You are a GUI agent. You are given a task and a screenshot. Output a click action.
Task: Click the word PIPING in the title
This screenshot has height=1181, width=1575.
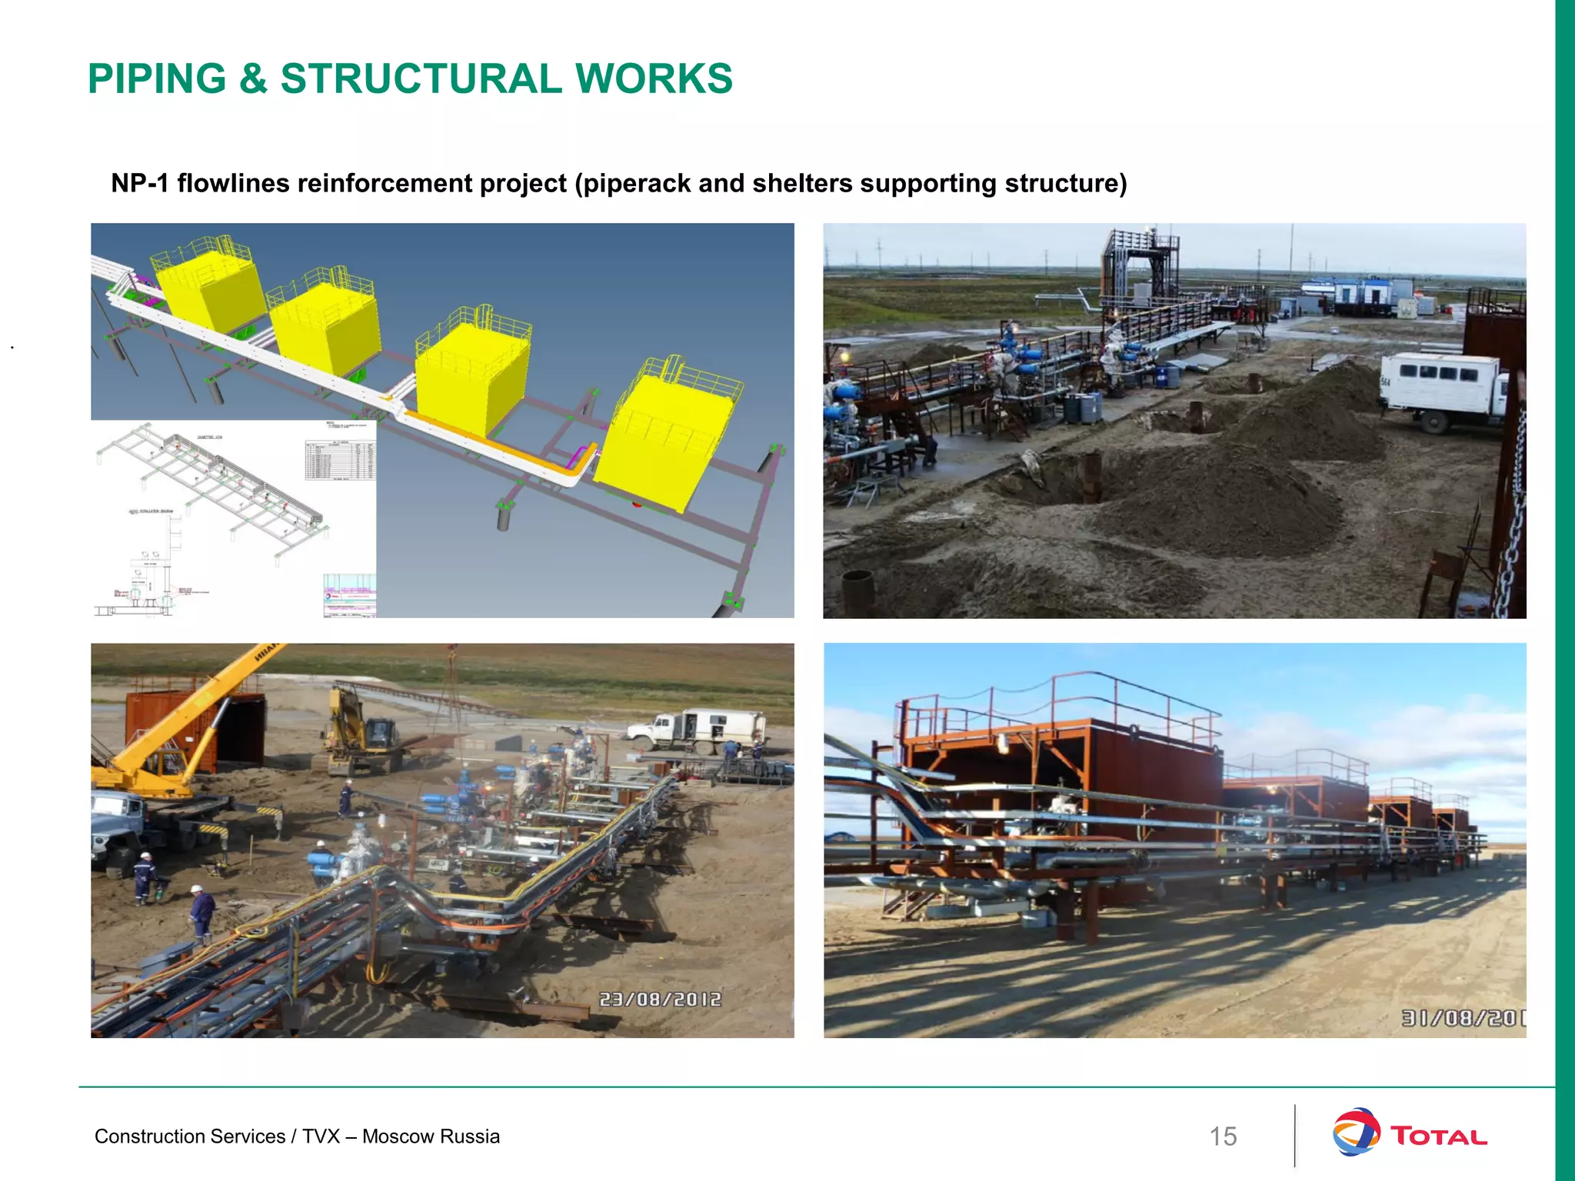click(157, 78)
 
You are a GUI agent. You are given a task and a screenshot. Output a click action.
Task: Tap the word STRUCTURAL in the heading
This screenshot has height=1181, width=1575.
click(421, 78)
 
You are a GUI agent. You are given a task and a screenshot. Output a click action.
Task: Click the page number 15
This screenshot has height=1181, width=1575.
click(1223, 1136)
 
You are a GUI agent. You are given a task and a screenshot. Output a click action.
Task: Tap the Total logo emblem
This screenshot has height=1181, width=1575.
click(1356, 1131)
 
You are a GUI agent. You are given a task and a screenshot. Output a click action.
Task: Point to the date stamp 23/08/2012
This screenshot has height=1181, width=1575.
click(660, 999)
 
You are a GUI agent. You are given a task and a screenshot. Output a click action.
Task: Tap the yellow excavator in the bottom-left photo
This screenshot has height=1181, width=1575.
click(361, 730)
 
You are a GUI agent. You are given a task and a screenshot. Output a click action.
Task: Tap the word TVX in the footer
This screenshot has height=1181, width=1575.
click(321, 1136)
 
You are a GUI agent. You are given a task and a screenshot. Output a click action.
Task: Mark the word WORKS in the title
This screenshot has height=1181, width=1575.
click(654, 78)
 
